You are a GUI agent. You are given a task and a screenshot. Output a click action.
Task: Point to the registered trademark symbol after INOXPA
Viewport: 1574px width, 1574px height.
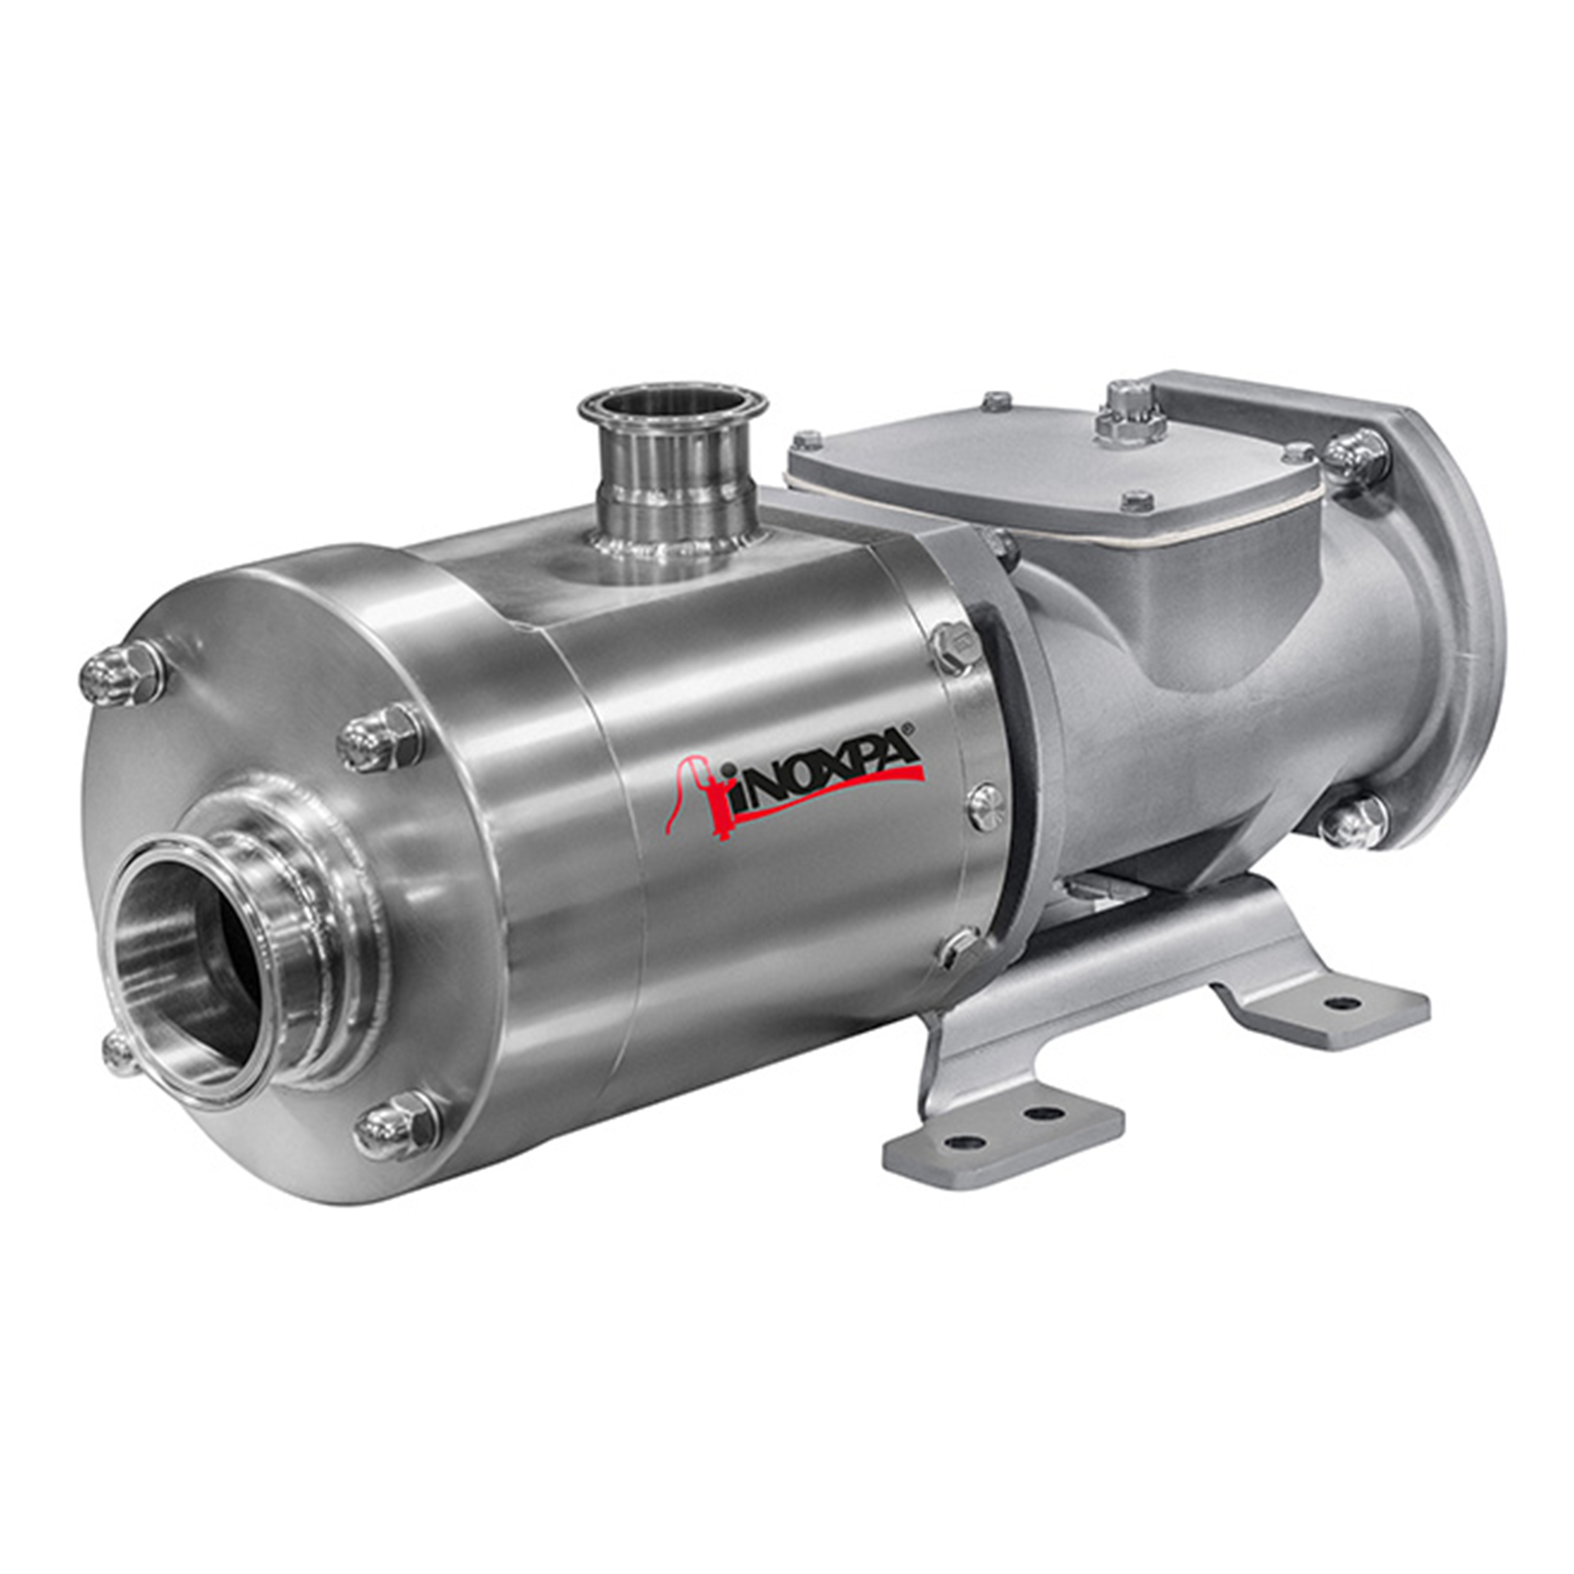click(x=915, y=731)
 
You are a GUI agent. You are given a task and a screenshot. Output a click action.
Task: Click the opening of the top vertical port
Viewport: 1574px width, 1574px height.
click(x=672, y=405)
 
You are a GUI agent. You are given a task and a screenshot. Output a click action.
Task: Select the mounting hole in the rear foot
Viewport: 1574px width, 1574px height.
click(x=1344, y=1004)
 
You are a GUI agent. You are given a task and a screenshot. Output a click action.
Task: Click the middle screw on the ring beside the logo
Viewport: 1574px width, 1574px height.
click(x=987, y=807)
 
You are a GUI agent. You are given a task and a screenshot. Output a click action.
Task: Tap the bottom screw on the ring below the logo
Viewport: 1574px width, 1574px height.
click(x=959, y=948)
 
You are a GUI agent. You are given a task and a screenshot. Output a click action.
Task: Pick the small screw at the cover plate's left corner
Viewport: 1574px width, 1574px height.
click(x=808, y=441)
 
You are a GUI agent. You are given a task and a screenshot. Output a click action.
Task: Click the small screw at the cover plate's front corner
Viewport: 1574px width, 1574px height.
click(x=1137, y=501)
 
